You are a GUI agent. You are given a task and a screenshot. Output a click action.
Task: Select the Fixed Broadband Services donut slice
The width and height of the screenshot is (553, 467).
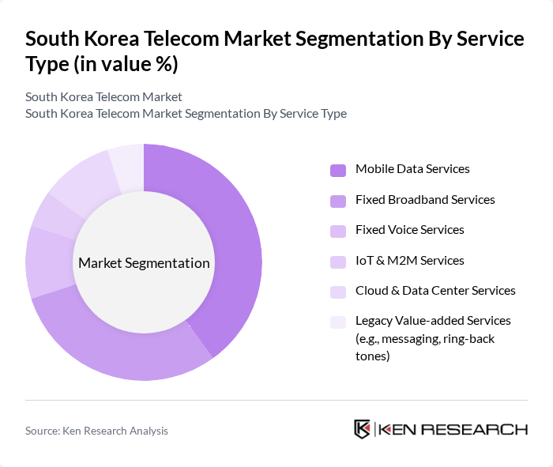click(118, 348)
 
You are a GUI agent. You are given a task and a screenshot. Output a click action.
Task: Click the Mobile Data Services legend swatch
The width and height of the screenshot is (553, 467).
click(338, 170)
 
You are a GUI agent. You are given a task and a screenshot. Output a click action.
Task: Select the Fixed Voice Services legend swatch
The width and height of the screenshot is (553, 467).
click(338, 231)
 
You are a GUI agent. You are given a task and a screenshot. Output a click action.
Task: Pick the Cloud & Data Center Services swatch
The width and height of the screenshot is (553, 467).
click(338, 292)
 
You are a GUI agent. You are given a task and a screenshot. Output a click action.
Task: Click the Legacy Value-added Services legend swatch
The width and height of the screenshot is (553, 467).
click(338, 322)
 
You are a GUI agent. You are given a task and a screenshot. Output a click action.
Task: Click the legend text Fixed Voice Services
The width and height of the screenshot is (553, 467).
click(409, 230)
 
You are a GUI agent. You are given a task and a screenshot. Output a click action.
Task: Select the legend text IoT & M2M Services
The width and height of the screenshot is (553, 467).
click(409, 261)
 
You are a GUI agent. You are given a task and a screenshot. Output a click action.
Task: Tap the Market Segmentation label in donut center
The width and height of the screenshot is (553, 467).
click(144, 263)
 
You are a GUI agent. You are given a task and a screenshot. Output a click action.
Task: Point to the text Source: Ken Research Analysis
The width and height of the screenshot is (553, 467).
click(96, 431)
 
